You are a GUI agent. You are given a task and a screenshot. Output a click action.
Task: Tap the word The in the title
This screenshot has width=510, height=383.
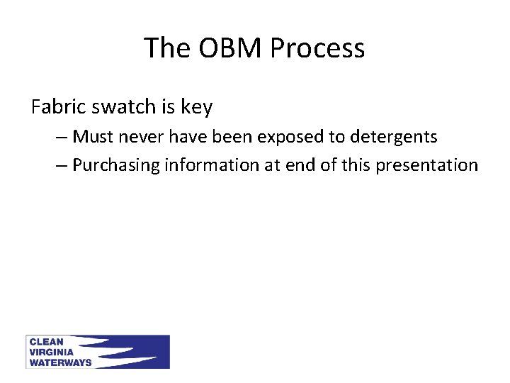click(x=167, y=48)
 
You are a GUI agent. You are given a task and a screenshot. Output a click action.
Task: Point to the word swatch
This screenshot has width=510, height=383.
click(x=120, y=107)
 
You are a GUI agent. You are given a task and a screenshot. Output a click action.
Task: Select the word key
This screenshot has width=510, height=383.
click(x=196, y=108)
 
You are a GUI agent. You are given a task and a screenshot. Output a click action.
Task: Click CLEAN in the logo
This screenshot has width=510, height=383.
click(x=45, y=342)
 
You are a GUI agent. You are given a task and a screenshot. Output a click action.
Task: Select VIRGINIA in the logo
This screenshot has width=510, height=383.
click(x=50, y=352)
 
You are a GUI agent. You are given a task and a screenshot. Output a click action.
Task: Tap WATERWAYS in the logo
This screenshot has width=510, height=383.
click(x=59, y=362)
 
